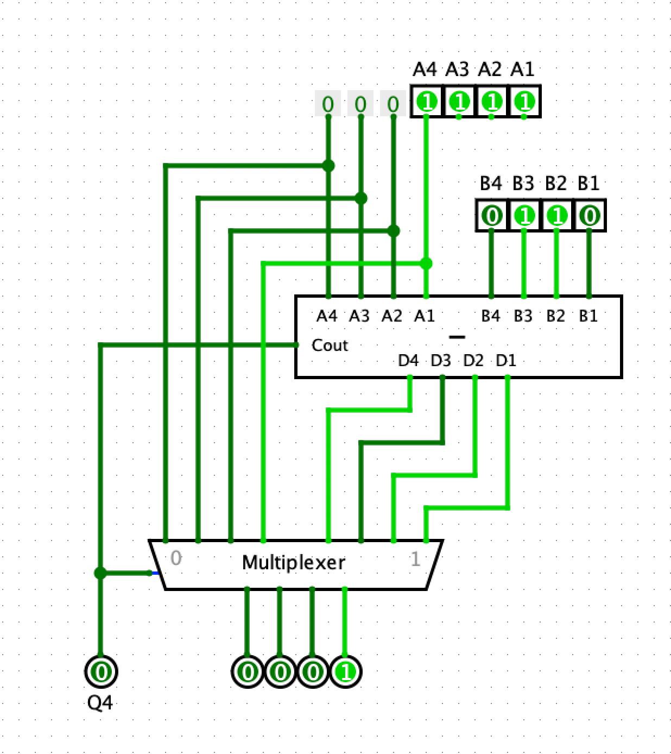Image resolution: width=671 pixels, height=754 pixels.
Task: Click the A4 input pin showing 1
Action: [427, 102]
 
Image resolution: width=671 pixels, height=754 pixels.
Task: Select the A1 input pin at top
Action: [524, 102]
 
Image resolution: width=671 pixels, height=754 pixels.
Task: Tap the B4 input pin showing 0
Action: [492, 216]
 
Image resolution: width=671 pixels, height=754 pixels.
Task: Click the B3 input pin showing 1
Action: [524, 216]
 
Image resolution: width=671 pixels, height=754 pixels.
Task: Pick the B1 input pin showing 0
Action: [589, 216]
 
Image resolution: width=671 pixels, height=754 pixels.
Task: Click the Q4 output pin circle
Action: [101, 672]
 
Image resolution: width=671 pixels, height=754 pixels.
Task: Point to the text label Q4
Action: [100, 703]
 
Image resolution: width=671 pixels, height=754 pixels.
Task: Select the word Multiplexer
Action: [293, 563]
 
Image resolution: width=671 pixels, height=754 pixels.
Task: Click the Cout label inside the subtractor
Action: [330, 345]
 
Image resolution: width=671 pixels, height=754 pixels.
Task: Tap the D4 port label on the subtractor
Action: [408, 361]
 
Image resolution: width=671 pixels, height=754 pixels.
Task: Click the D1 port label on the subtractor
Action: [506, 361]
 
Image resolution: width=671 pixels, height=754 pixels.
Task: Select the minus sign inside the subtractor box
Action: [458, 337]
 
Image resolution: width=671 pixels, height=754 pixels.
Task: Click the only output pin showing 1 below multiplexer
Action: [345, 673]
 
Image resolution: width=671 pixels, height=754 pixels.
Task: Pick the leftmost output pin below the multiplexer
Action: [248, 673]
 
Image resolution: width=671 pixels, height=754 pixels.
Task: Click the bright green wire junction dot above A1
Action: [426, 263]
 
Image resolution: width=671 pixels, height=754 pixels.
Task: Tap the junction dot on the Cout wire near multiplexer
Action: [100, 573]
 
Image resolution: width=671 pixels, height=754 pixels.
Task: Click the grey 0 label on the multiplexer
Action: [176, 558]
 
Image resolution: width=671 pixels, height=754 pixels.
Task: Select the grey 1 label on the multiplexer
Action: [415, 559]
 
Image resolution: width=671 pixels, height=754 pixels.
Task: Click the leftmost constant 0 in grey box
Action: [328, 104]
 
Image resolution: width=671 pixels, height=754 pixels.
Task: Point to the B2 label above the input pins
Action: [555, 184]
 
